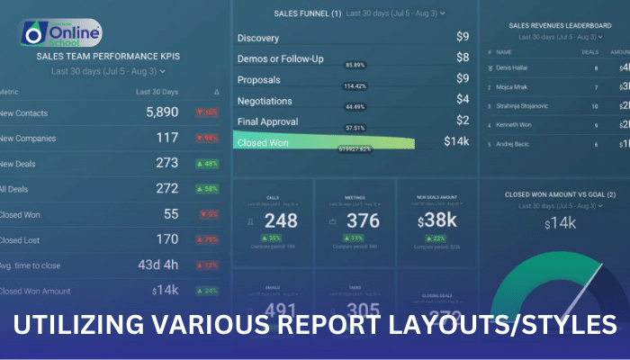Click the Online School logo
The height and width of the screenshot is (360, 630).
tap(61, 35)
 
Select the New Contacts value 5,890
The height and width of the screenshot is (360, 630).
tap(163, 113)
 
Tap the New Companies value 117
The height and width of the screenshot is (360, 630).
tap(166, 139)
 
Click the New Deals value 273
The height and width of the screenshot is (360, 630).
tap(166, 164)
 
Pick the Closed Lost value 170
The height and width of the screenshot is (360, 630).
tap(166, 239)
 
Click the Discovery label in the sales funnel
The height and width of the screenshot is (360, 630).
tap(258, 39)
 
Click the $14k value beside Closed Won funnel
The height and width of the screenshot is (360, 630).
tap(456, 141)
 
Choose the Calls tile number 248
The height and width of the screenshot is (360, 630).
tap(281, 221)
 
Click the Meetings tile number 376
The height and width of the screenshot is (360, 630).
tap(363, 221)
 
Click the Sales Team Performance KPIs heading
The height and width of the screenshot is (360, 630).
tap(108, 56)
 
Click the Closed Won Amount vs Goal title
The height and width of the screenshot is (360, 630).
tap(560, 194)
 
